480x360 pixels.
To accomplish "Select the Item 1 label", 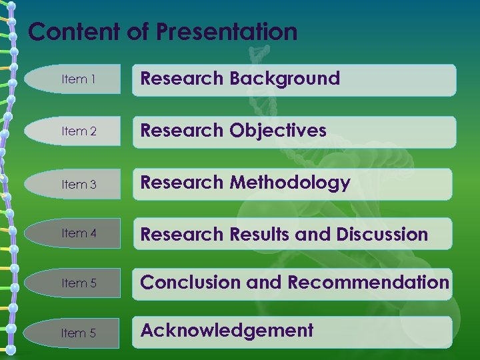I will click(x=79, y=79).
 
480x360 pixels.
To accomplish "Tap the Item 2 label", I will click(x=79, y=131).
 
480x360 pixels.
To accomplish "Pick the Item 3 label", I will click(x=79, y=184).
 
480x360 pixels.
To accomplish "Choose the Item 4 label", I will click(x=79, y=233).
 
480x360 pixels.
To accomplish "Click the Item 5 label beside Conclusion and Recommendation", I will click(x=79, y=283).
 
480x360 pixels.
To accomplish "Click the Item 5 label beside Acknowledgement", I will click(x=79, y=333).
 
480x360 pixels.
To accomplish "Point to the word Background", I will click(x=285, y=79).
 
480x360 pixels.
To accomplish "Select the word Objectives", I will click(x=278, y=131).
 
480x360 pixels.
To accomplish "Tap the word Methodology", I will click(x=290, y=183).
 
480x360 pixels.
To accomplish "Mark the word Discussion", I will click(x=382, y=235).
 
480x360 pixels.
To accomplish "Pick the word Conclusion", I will click(x=191, y=283).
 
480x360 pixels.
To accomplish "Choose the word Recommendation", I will click(x=369, y=283).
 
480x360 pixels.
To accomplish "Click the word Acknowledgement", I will click(x=227, y=330).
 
